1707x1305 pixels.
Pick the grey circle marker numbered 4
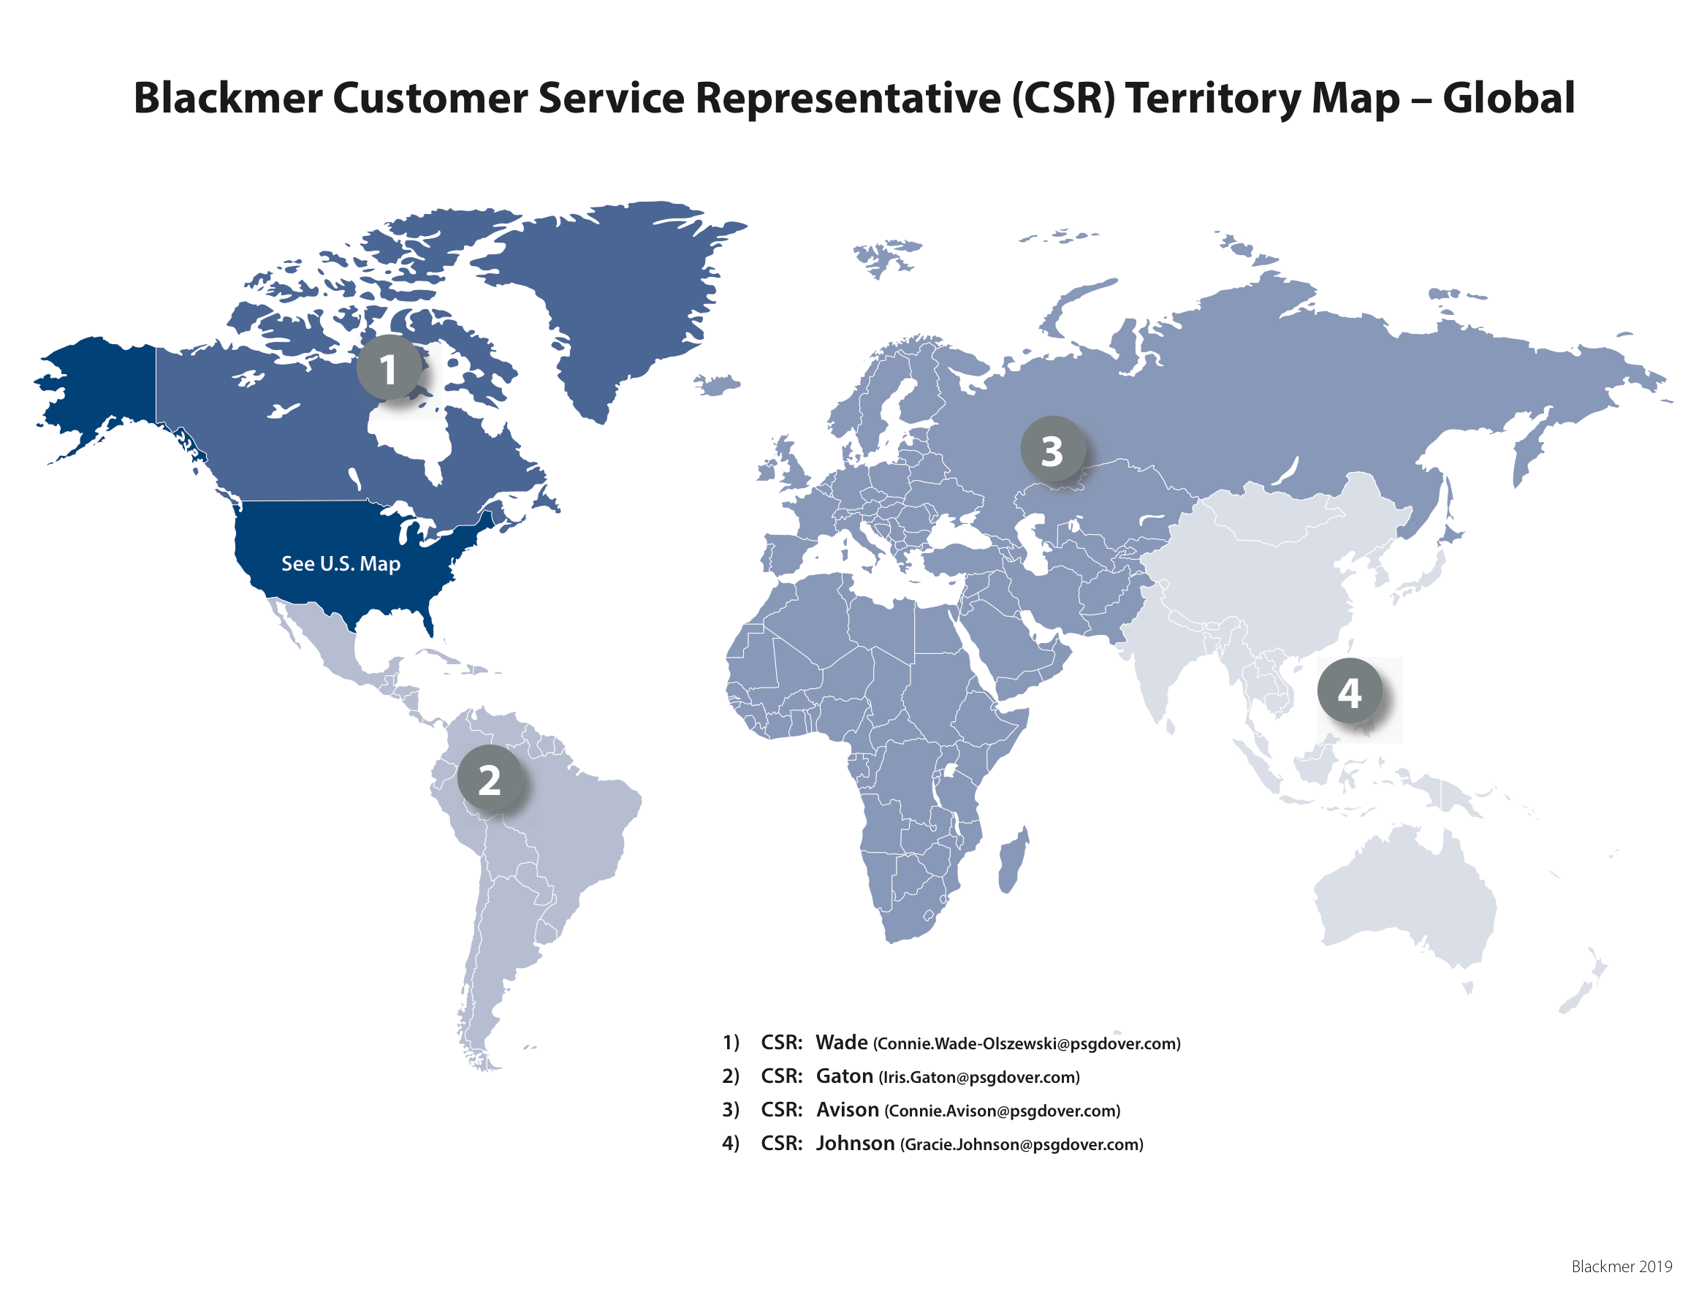point(1348,690)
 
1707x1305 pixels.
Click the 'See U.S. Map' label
point(340,563)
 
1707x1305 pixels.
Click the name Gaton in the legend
point(843,1075)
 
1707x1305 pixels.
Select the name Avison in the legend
point(846,1108)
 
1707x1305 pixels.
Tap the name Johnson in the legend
point(854,1142)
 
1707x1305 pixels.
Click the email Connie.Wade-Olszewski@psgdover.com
point(1026,1043)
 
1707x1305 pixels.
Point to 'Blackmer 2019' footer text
point(1620,1266)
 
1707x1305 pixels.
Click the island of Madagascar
point(1012,861)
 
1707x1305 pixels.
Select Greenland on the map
point(621,295)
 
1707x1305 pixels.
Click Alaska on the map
point(101,389)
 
